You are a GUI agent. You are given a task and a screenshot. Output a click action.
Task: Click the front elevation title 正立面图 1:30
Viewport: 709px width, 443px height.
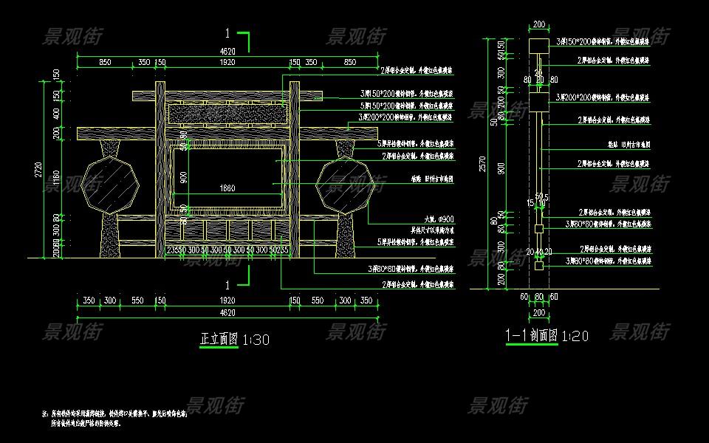[235, 340]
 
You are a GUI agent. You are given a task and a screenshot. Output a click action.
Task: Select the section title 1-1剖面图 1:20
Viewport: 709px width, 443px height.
[547, 336]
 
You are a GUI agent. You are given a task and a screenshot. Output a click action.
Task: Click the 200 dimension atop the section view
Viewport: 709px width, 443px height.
[539, 24]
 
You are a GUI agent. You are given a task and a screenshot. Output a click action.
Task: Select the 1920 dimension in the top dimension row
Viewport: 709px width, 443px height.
[227, 63]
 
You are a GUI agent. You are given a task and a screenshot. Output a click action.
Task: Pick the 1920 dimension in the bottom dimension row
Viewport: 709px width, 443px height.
[227, 301]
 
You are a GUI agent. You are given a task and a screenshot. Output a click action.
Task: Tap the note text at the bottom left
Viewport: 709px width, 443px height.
[118, 419]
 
